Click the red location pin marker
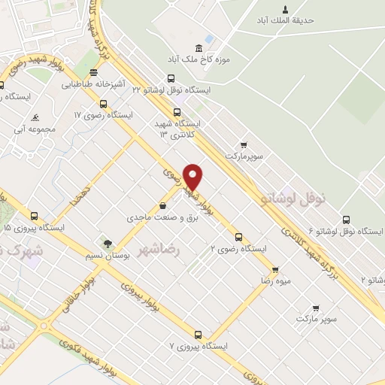[x=193, y=176]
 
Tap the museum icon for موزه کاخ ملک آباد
[x=199, y=47]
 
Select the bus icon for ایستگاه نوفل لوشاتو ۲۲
[x=171, y=78]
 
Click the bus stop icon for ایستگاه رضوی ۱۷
[x=103, y=104]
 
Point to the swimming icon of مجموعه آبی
[x=35, y=118]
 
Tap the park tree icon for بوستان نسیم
[x=108, y=243]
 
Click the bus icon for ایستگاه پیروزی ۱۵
[x=33, y=215]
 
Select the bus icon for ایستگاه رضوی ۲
[x=238, y=237]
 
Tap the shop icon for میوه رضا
[x=275, y=268]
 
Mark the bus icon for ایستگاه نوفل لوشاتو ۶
[x=346, y=220]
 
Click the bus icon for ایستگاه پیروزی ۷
[x=198, y=335]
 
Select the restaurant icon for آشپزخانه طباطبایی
[x=92, y=73]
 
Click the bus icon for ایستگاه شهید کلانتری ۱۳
[x=177, y=112]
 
